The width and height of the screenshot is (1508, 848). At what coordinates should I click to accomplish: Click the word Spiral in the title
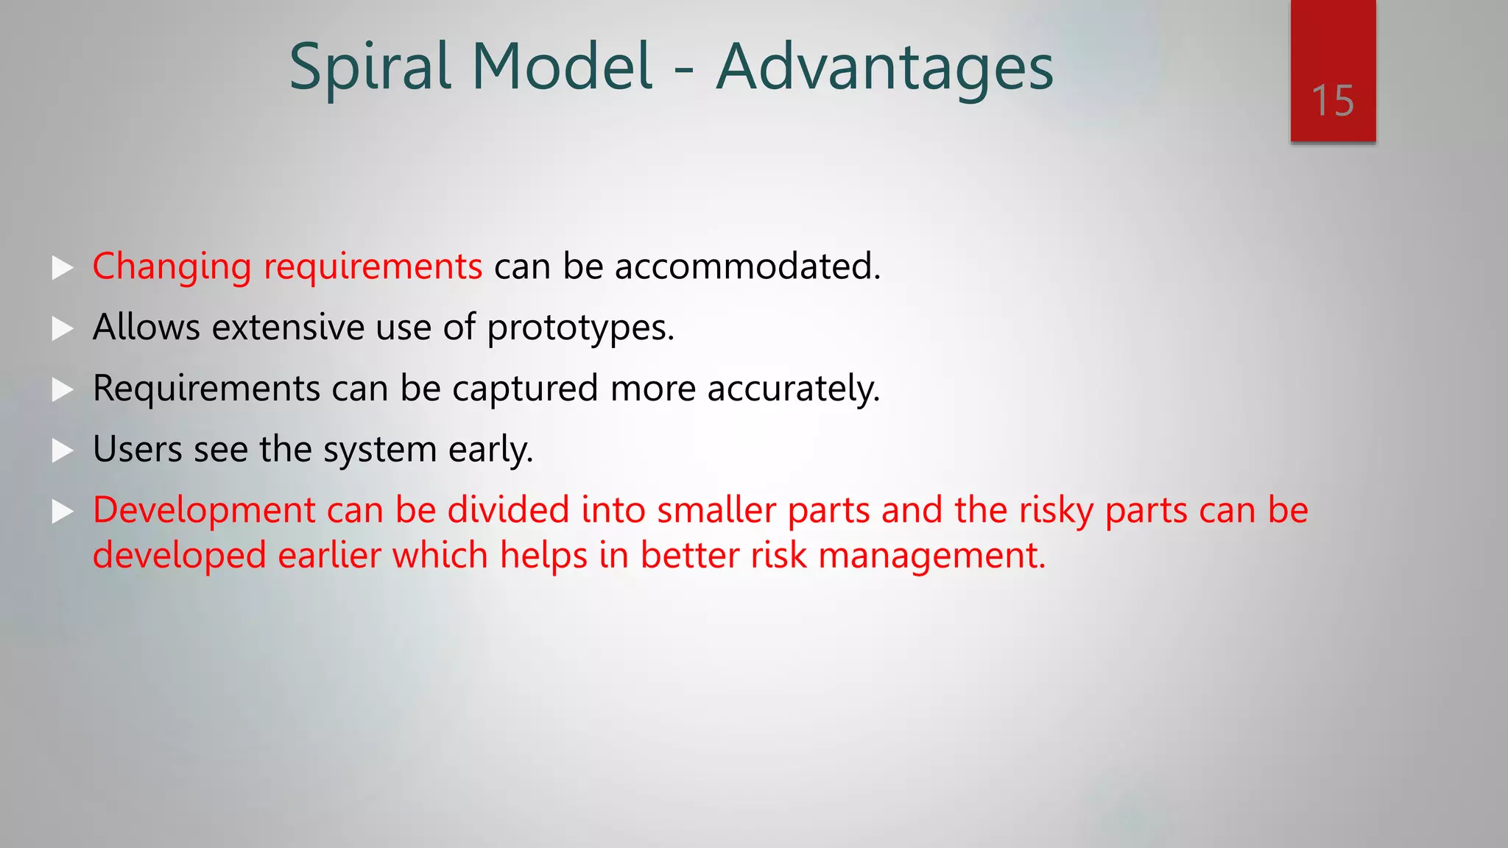[x=370, y=68]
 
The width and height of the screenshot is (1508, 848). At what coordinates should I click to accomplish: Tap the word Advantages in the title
[x=884, y=68]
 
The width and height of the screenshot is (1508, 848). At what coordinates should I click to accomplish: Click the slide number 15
[x=1332, y=101]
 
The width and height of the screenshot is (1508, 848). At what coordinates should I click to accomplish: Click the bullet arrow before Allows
[x=63, y=328]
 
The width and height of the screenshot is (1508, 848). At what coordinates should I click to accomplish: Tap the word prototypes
[x=579, y=328]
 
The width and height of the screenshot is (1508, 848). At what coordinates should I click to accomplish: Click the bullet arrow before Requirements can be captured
[x=63, y=389]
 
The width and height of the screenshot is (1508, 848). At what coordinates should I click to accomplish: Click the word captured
[x=524, y=389]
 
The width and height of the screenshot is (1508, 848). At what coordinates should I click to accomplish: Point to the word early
[x=490, y=450]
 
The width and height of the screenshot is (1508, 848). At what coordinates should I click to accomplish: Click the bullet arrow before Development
[x=63, y=512]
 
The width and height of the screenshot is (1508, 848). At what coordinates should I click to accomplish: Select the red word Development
[x=204, y=510]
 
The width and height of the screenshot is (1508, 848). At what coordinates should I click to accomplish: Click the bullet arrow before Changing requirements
[x=63, y=267]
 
